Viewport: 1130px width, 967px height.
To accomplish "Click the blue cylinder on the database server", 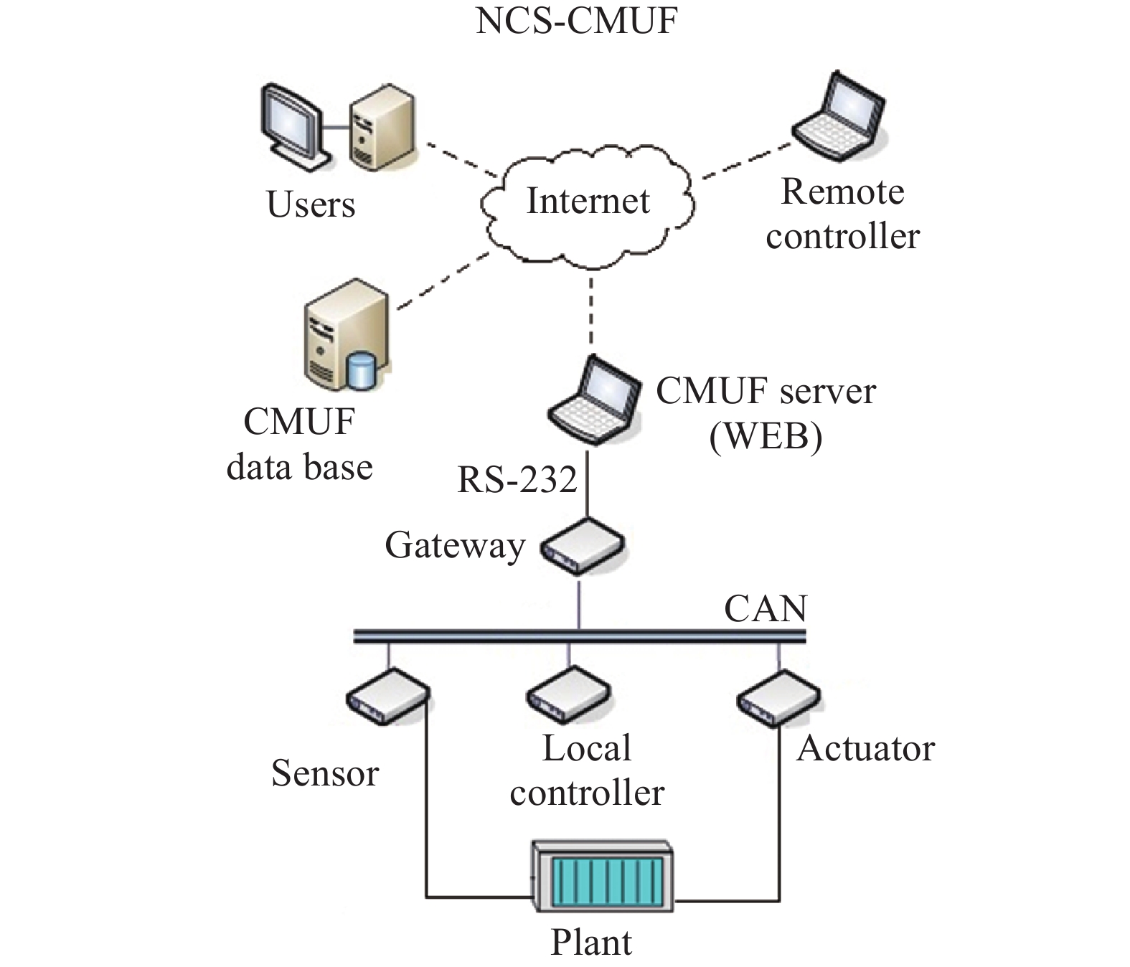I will [361, 370].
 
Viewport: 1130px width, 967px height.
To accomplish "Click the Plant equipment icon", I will [603, 875].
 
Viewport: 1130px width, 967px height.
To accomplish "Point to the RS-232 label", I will [517, 479].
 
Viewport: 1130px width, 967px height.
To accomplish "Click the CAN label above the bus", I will [766, 608].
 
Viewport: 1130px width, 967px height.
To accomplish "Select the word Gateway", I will [455, 547].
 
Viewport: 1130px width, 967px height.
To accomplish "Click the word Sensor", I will [325, 773].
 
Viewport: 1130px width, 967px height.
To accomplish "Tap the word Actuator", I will [866, 748].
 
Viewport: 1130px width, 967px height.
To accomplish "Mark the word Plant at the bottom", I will [591, 942].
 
